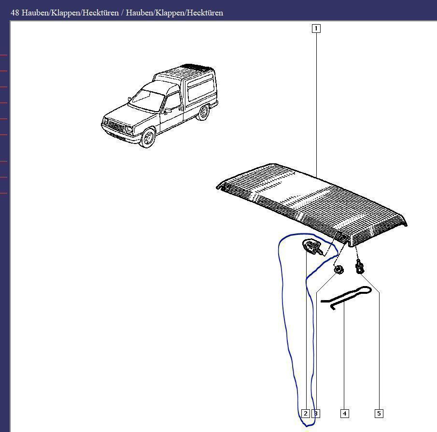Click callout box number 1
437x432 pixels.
click(x=316, y=29)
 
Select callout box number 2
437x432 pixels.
click(x=305, y=413)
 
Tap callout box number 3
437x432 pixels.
click(x=316, y=413)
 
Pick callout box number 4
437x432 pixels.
click(x=344, y=413)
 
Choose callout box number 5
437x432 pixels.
click(x=379, y=413)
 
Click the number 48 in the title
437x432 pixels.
click(x=15, y=13)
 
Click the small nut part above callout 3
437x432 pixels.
click(x=339, y=270)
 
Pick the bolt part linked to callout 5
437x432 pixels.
click(x=359, y=266)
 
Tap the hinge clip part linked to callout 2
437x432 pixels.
click(x=312, y=247)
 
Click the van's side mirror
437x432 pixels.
click(x=168, y=111)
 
